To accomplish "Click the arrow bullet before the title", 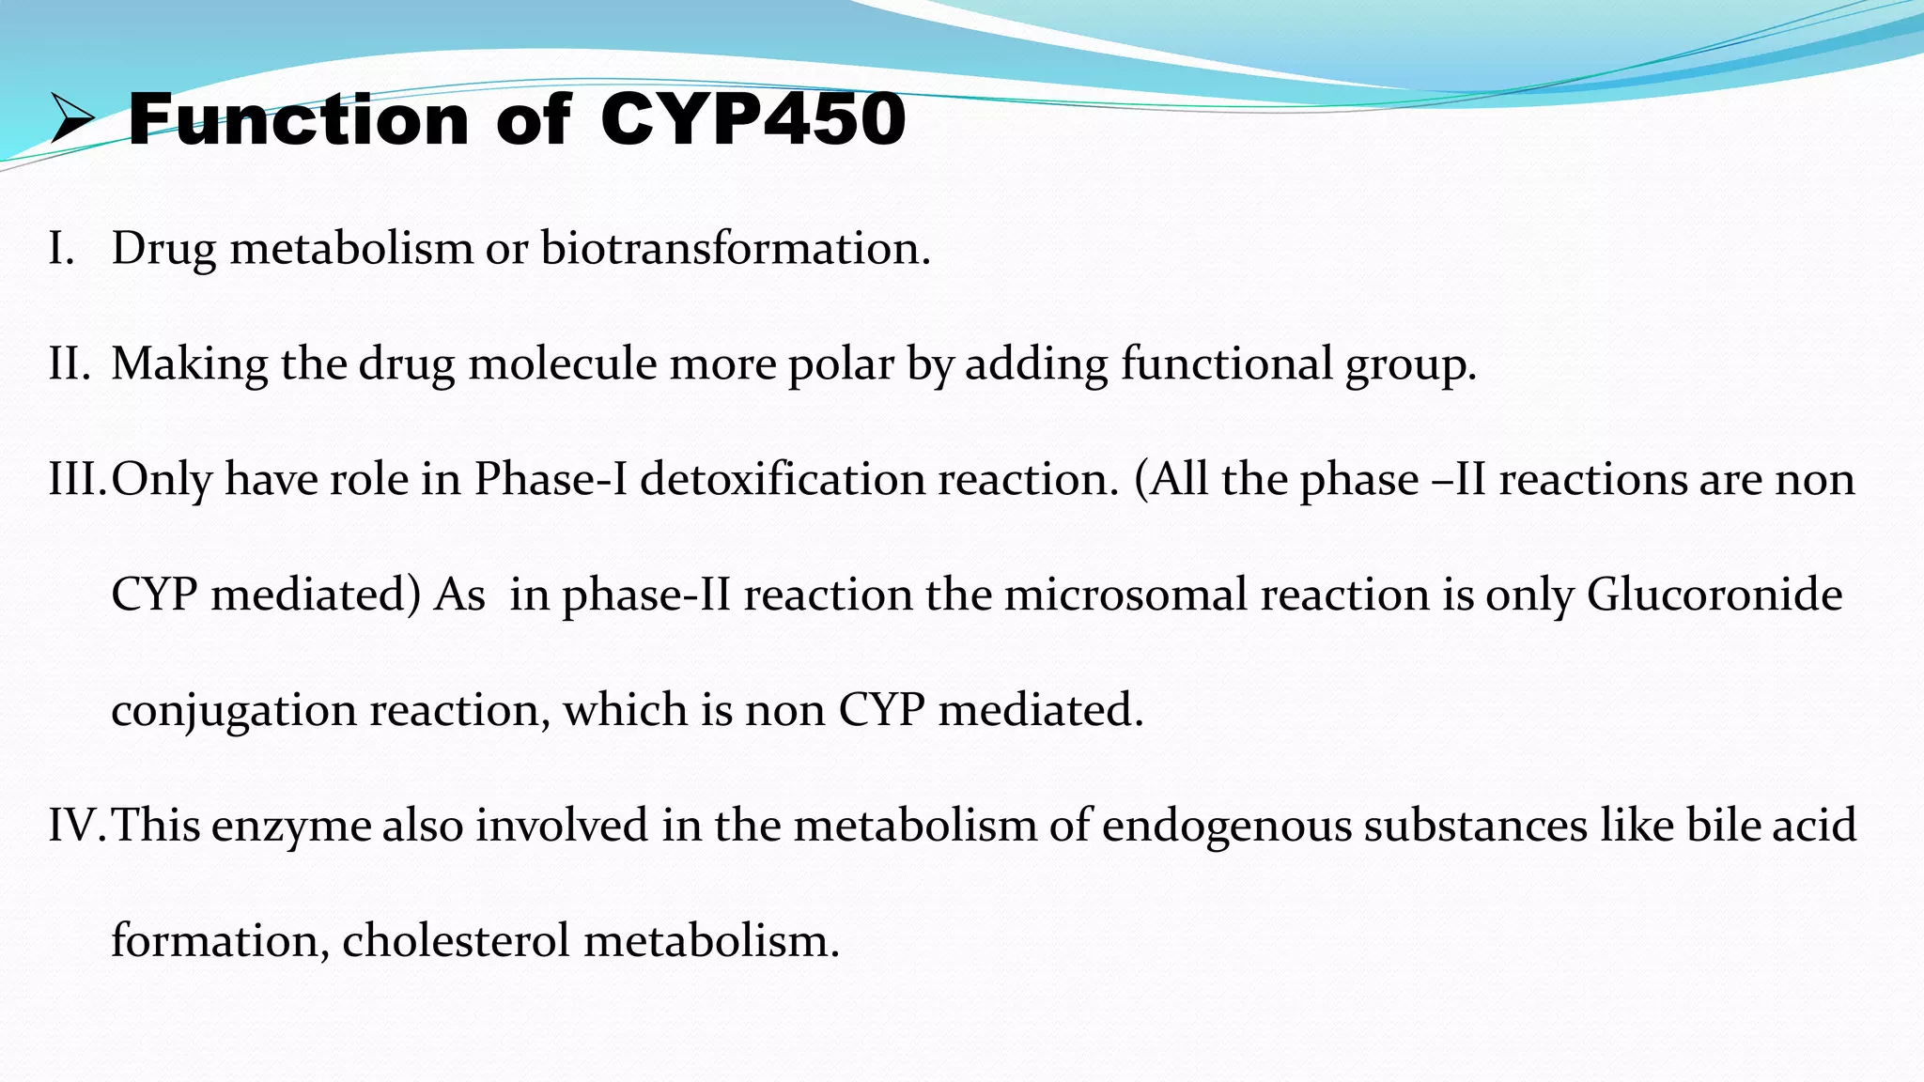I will click(x=72, y=119).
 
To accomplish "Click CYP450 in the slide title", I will click(x=753, y=119).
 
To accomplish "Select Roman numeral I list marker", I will click(x=61, y=249).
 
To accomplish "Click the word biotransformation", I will click(x=736, y=249).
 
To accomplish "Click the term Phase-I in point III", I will click(x=550, y=479).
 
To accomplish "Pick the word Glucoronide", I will click(x=1715, y=595).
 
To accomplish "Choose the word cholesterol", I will click(x=456, y=940).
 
